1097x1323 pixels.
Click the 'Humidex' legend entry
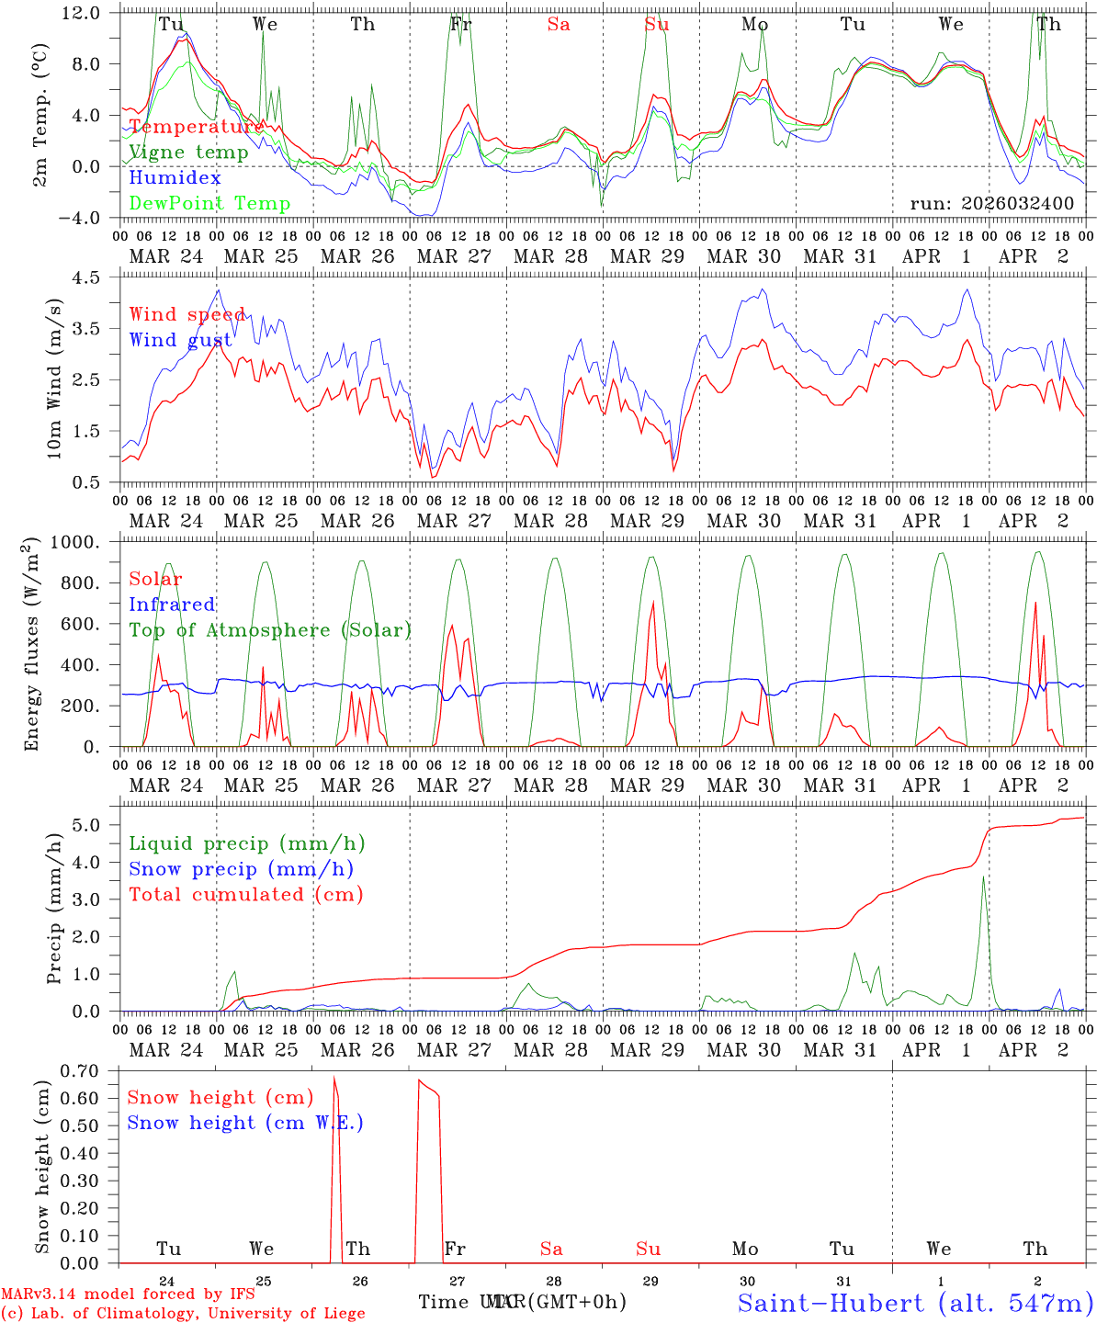click(175, 178)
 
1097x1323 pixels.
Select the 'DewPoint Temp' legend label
click(209, 204)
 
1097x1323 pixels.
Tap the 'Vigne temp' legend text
click(188, 153)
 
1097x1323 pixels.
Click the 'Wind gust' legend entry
click(180, 340)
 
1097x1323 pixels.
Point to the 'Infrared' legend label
click(172, 605)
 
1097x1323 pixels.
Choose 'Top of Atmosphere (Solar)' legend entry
click(270, 630)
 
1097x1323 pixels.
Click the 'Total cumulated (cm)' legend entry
click(246, 895)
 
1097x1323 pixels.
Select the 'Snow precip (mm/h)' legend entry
click(241, 869)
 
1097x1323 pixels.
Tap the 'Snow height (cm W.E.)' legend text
click(245, 1123)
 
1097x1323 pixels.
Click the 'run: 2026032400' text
click(991, 203)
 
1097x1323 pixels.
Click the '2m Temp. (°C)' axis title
click(40, 115)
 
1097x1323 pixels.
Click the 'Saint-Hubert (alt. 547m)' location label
click(915, 1302)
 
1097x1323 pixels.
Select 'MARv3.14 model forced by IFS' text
click(128, 1295)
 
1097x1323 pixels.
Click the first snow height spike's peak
click(334, 1077)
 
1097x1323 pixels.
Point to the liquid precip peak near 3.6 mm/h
click(983, 876)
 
